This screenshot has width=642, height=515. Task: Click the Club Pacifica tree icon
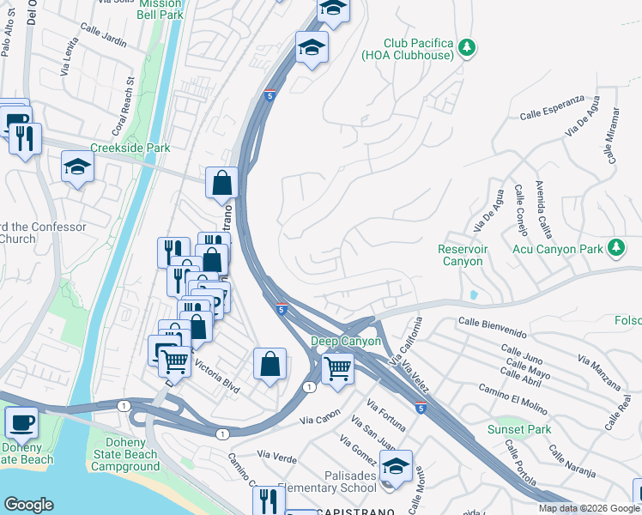tap(466, 48)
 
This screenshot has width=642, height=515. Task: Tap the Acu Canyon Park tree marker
tap(615, 248)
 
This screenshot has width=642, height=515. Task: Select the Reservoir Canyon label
tap(461, 255)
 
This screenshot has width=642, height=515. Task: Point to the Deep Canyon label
tap(345, 341)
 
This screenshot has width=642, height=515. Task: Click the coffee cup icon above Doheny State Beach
tap(21, 423)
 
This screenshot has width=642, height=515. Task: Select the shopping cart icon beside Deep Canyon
tap(338, 369)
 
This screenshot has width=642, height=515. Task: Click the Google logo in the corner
tap(28, 505)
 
